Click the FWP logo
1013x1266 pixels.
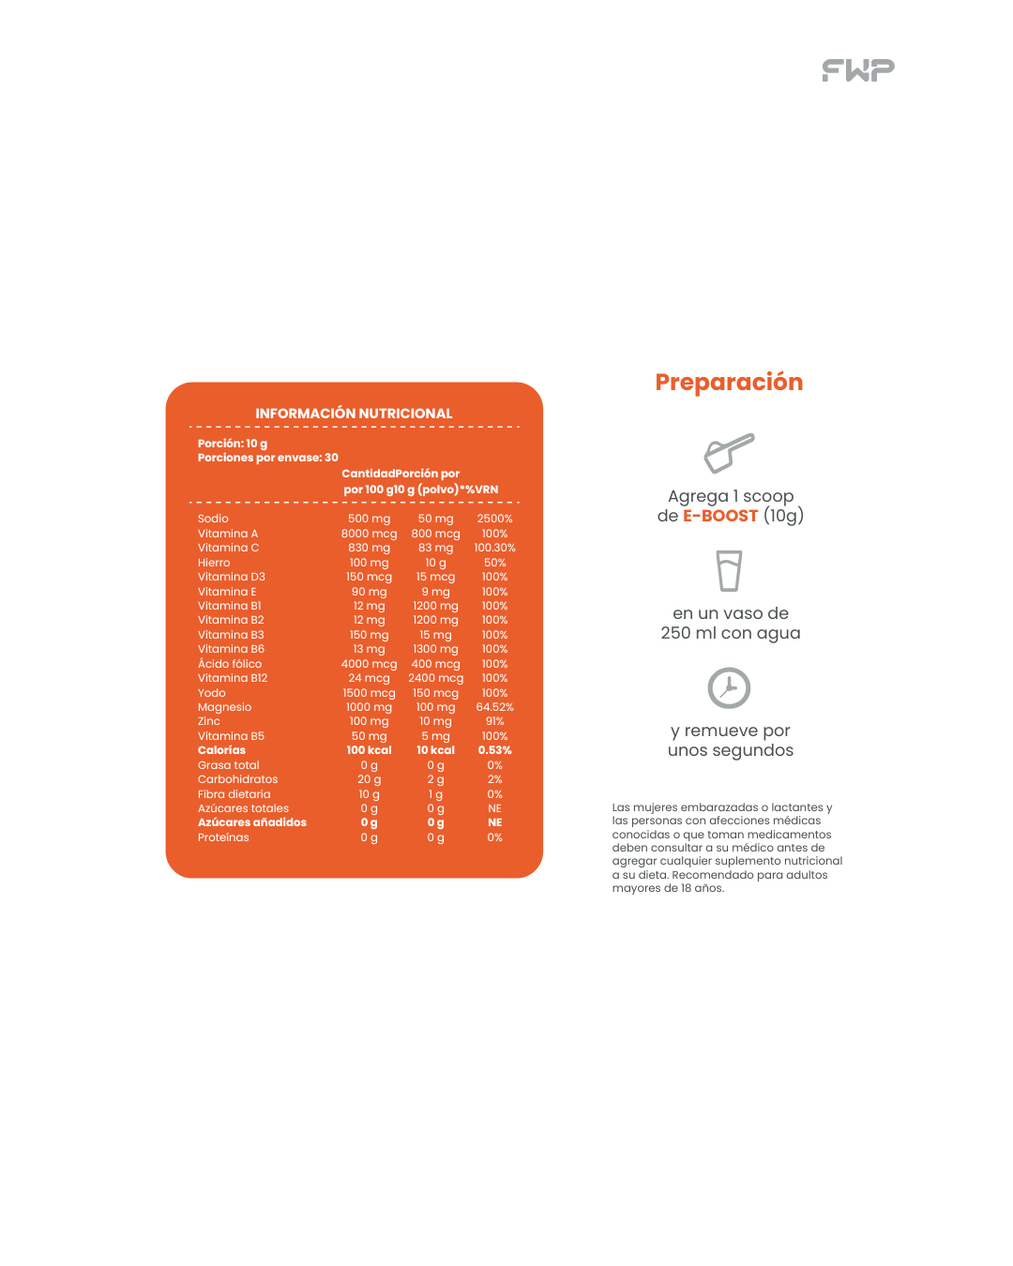coord(858,70)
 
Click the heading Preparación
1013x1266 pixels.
coord(729,383)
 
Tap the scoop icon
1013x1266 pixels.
coord(729,452)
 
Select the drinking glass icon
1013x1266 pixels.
coord(729,570)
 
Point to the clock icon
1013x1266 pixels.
coord(729,688)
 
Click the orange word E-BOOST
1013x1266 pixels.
coord(720,516)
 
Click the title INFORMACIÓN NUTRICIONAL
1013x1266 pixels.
coord(354,414)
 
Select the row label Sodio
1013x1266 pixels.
coord(213,519)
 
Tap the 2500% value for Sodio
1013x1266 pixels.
coord(494,519)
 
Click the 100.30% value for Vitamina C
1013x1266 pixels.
coord(494,548)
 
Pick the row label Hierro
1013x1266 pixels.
coord(214,563)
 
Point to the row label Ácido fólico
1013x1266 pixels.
coord(230,664)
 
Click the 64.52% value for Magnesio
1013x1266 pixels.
coord(494,707)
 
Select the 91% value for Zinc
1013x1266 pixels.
coord(494,721)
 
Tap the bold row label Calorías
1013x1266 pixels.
coord(221,750)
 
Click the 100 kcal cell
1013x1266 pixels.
coord(369,750)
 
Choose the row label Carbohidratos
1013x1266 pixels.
coord(237,779)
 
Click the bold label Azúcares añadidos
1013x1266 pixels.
coord(251,822)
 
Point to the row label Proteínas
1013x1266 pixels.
coord(223,837)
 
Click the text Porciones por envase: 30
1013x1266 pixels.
coord(267,458)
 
